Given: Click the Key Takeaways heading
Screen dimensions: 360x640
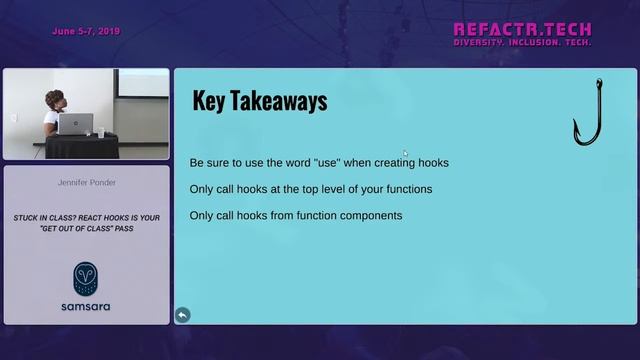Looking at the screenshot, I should click(x=259, y=101).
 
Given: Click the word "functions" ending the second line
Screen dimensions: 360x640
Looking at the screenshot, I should click(x=406, y=189).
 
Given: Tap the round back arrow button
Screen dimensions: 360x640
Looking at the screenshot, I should click(x=182, y=315).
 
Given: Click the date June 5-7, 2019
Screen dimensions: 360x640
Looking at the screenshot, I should click(x=86, y=31).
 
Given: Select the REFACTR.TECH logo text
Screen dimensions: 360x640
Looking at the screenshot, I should click(x=522, y=29).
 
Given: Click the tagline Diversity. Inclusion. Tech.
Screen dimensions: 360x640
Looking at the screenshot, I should click(x=522, y=43).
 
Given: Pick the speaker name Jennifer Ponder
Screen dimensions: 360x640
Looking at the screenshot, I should click(x=86, y=184).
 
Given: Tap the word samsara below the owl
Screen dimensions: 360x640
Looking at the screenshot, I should click(x=86, y=306).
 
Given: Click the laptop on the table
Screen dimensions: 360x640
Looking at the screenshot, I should click(x=74, y=124).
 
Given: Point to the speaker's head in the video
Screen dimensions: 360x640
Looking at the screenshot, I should click(x=54, y=100).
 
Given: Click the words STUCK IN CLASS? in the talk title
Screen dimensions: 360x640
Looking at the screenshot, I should click(x=42, y=217).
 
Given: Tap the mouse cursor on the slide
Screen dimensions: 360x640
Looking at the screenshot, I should click(x=405, y=153).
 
